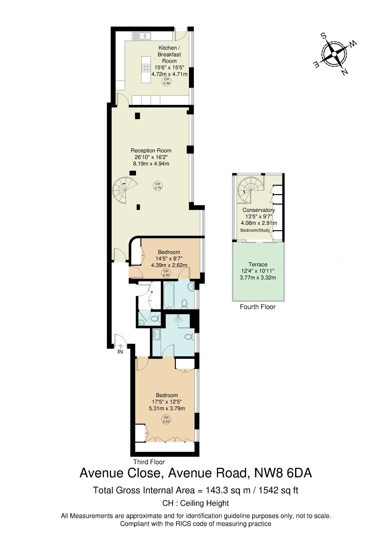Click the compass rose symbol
click(x=334, y=54)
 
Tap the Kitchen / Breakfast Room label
click(x=169, y=54)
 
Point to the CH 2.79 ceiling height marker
click(x=158, y=186)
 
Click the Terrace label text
click(x=258, y=264)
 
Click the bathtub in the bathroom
click(x=169, y=295)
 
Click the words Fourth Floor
click(x=257, y=307)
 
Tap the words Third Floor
click(x=149, y=462)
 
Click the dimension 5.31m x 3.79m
click(x=167, y=409)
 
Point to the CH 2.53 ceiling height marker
click(x=166, y=419)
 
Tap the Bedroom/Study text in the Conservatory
click(x=255, y=230)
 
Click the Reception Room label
click(x=151, y=151)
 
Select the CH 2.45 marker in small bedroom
click(x=166, y=273)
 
